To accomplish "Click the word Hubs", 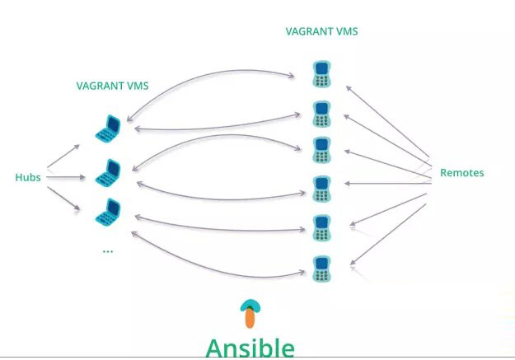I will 28,177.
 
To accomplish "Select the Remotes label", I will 461,173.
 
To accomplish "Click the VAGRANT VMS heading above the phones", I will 321,32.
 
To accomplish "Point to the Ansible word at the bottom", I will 250,347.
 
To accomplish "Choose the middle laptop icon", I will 107,174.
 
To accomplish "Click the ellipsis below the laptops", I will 107,250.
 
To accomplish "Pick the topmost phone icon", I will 321,73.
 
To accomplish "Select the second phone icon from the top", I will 321,113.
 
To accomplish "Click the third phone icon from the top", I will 321,149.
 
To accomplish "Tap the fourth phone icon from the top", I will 321,189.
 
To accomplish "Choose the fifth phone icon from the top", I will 321,227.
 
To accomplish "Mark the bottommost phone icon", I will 321,268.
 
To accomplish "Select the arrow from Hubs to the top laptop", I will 63,157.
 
